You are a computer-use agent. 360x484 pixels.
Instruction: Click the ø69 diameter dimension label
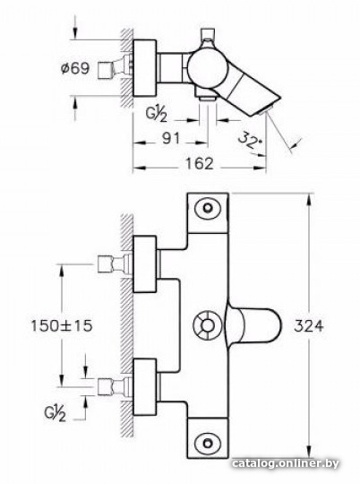click(x=75, y=68)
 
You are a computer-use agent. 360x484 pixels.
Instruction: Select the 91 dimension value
click(x=171, y=139)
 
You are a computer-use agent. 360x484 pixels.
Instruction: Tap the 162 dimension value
click(x=200, y=164)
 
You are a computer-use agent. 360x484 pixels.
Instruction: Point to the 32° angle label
click(x=250, y=140)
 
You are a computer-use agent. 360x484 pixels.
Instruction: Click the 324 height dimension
click(x=308, y=326)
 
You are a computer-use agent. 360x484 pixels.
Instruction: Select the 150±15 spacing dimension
click(x=62, y=325)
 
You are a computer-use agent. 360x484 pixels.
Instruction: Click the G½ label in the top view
click(x=157, y=115)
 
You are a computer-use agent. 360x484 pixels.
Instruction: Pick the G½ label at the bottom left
click(x=55, y=413)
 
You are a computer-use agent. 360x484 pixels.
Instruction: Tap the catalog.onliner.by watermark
click(x=286, y=463)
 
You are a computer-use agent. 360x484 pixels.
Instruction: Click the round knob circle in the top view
click(x=205, y=67)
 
